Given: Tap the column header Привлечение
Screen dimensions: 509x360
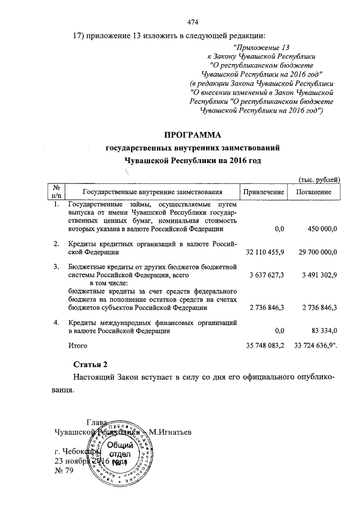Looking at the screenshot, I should point(263,192).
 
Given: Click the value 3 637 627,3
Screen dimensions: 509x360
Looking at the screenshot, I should point(265,276).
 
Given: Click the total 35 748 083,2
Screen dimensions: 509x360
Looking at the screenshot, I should point(263,344).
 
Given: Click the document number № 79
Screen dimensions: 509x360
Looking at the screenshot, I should point(63,471).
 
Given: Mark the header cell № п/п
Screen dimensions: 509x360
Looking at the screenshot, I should point(56,192).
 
